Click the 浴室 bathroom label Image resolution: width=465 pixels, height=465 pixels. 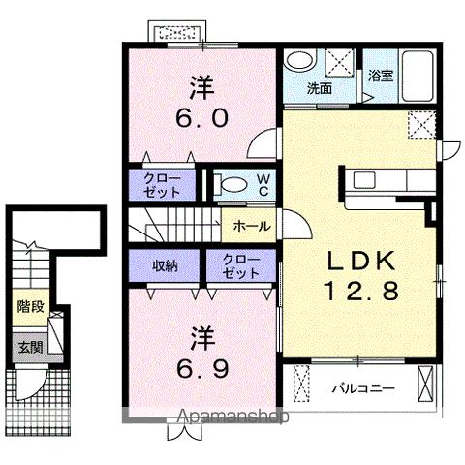tap(381, 76)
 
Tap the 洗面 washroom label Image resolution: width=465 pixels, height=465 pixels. tap(320, 88)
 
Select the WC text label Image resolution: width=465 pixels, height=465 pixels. tap(263, 185)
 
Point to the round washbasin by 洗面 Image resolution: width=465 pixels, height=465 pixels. tap(301, 60)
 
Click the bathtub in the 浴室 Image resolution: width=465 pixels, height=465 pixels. tap(418, 76)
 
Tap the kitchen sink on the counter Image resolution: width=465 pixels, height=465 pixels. tap(364, 179)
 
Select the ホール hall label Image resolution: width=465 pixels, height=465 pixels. tap(252, 226)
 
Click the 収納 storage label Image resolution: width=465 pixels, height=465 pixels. tap(165, 266)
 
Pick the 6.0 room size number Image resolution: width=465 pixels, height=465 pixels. tap(202, 118)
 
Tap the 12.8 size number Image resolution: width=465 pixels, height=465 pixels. tap(361, 291)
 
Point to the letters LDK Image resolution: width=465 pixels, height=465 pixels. tap(361, 261)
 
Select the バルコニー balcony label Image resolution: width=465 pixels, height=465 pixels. tap(363, 387)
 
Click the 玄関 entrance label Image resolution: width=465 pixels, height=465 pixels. tap(30, 347)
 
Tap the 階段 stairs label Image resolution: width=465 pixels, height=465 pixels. tap(30, 306)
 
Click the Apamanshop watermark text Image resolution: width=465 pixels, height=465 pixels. tap(233, 417)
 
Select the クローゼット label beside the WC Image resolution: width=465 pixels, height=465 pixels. tap(162, 185)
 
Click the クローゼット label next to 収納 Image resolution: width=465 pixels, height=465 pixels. tap(241, 266)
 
